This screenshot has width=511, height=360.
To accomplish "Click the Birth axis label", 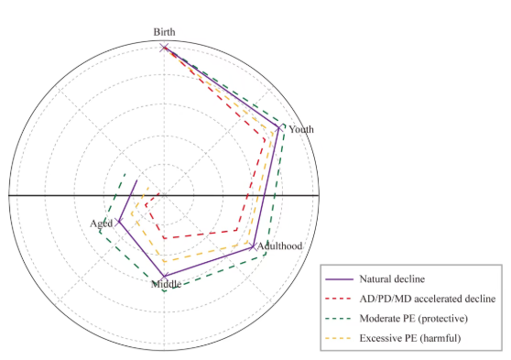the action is point(164,32).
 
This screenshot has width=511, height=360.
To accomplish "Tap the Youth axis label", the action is point(301,129).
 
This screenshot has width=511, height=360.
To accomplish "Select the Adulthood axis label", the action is point(280,245).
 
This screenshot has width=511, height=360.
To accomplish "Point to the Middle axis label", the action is point(166,284).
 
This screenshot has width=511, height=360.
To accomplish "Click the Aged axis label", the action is point(102,224).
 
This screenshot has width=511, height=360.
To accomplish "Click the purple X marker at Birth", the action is point(164,48).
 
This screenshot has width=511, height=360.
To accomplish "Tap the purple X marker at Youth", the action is point(279,128).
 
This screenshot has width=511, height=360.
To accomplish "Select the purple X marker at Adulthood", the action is point(253,246).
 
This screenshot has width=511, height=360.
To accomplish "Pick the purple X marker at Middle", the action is point(164,277).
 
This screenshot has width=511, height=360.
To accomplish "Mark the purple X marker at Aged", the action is point(119,222).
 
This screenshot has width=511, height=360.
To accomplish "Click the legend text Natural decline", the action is point(392,279).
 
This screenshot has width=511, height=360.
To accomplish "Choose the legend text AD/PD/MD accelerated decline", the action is point(428,299).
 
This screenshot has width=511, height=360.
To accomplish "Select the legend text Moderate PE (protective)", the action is point(414,318).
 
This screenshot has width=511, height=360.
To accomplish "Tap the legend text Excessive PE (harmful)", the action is point(410,338).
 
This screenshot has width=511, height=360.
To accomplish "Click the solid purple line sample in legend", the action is point(339,279).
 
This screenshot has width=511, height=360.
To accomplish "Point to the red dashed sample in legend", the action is point(339,299).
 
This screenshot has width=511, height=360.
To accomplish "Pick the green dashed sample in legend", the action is point(339,319).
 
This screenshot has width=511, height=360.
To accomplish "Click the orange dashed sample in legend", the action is point(339,339).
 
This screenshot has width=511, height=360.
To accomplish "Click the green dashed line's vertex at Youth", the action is point(285,125).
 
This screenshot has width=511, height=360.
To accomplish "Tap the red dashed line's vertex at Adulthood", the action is point(237,230).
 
